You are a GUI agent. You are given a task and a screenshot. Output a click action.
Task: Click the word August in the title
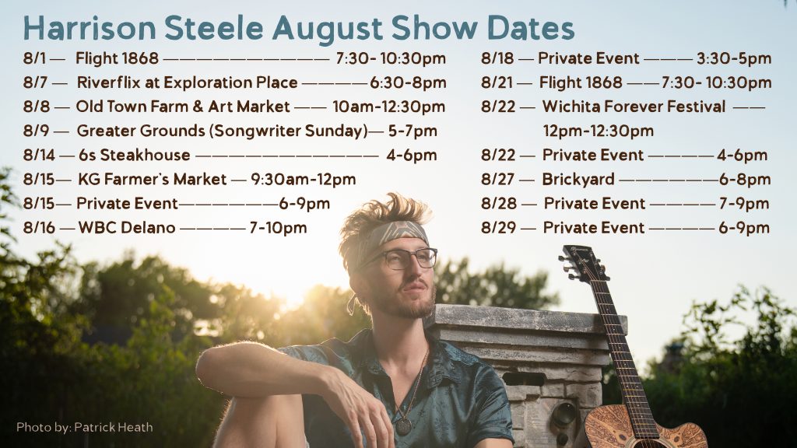point(328,30)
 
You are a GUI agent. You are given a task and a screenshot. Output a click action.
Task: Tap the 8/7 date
point(34,82)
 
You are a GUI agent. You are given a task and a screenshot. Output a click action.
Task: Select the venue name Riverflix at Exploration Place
point(187,82)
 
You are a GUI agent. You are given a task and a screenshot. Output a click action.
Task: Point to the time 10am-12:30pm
point(389,107)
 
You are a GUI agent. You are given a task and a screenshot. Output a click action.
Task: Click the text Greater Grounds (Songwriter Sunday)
point(222,131)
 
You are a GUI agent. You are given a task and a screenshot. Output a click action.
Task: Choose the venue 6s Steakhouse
point(134,155)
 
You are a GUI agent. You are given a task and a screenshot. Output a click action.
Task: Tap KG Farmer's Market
point(152,180)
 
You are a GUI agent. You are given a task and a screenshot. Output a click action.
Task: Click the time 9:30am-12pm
point(303,180)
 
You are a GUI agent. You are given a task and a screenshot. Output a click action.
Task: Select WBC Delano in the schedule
point(127,228)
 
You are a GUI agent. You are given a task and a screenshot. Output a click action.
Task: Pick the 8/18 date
point(497,58)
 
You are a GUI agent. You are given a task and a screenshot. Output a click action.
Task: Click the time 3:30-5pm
point(734,58)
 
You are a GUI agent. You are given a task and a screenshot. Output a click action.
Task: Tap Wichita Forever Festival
point(634,107)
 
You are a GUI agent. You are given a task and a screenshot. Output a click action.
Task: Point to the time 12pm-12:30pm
point(599,131)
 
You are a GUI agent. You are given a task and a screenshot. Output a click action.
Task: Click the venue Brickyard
point(578,180)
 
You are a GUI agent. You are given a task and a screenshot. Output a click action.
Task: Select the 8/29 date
point(498,228)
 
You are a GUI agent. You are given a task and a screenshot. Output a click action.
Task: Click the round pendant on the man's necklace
point(403,426)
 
